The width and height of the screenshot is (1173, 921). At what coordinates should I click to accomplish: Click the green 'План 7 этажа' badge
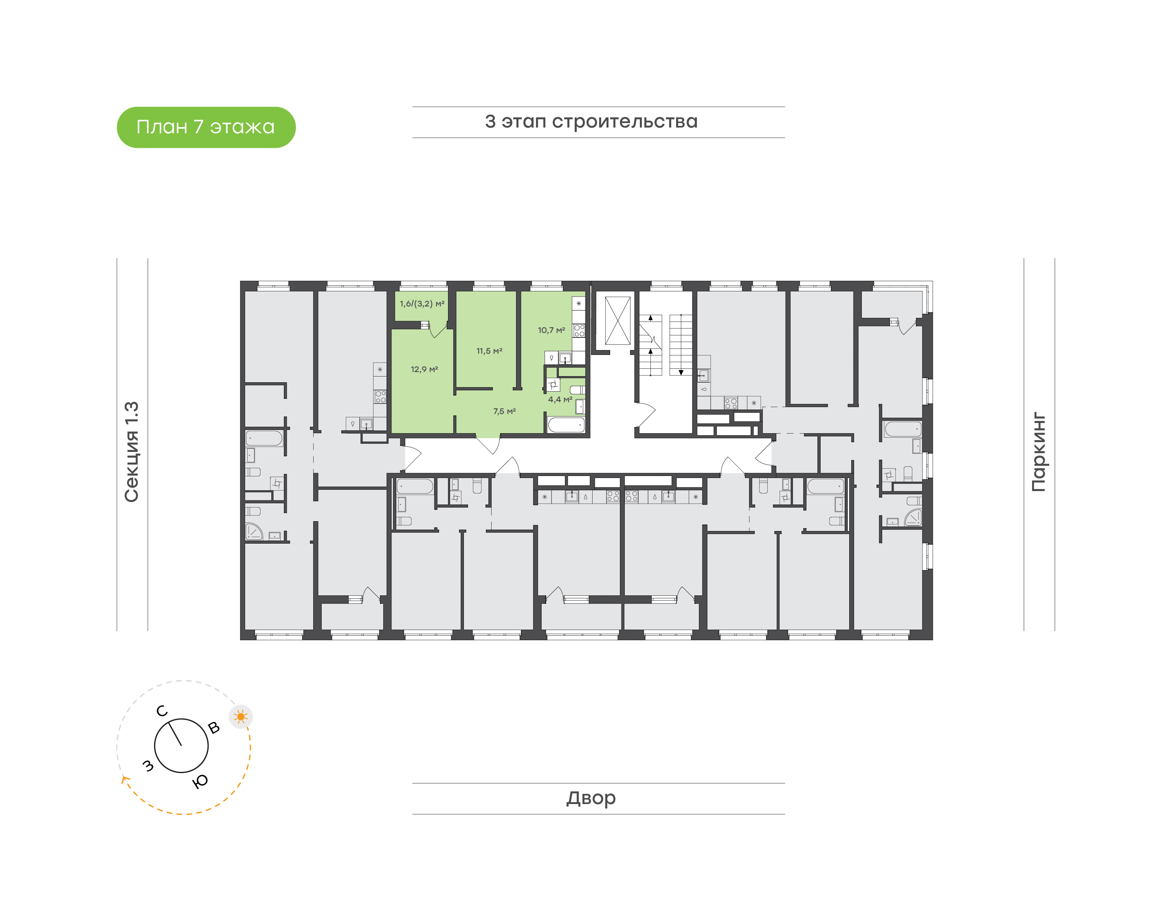pyautogui.click(x=206, y=127)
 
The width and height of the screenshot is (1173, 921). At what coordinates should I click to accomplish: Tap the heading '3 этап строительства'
pyautogui.click(x=591, y=122)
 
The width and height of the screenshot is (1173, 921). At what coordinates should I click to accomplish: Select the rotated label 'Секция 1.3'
pyautogui.click(x=132, y=452)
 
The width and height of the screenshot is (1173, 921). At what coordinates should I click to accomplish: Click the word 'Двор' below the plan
pyautogui.click(x=591, y=798)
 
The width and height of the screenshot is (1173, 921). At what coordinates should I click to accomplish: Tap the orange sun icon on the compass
pyautogui.click(x=241, y=717)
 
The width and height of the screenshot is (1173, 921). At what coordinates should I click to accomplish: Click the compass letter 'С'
pyautogui.click(x=162, y=711)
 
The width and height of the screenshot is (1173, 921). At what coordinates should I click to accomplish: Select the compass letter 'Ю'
pyautogui.click(x=200, y=781)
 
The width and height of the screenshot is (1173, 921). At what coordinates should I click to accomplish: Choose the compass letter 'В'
pyautogui.click(x=214, y=727)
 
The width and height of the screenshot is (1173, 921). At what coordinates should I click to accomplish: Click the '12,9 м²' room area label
pyautogui.click(x=424, y=369)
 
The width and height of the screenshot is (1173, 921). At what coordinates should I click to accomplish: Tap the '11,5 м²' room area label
pyautogui.click(x=489, y=351)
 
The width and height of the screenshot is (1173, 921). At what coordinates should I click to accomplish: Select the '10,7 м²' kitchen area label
pyautogui.click(x=551, y=330)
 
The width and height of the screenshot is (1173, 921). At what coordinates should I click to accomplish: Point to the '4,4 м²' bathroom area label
pyautogui.click(x=560, y=399)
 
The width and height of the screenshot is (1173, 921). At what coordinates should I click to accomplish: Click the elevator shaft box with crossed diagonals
pyautogui.click(x=617, y=320)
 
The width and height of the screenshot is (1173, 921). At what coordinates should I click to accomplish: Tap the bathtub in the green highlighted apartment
pyautogui.click(x=566, y=425)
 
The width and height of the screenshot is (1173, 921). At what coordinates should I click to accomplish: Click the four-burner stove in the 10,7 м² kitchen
pyautogui.click(x=579, y=331)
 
